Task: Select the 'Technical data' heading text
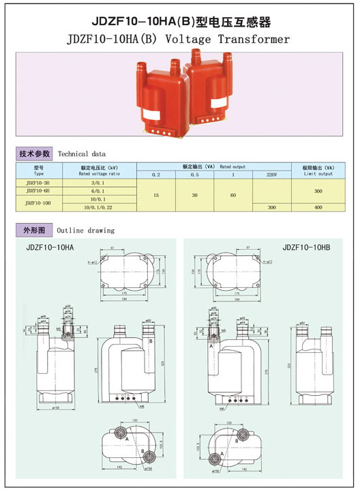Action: [81, 154]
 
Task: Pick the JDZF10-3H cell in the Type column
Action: [38, 183]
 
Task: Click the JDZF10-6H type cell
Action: [38, 192]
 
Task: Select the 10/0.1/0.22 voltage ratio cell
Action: [100, 207]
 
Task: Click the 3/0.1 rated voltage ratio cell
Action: [100, 183]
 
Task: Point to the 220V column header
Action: [271, 175]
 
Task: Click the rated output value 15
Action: [156, 195]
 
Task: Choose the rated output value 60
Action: [232, 195]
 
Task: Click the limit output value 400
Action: [318, 207]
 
